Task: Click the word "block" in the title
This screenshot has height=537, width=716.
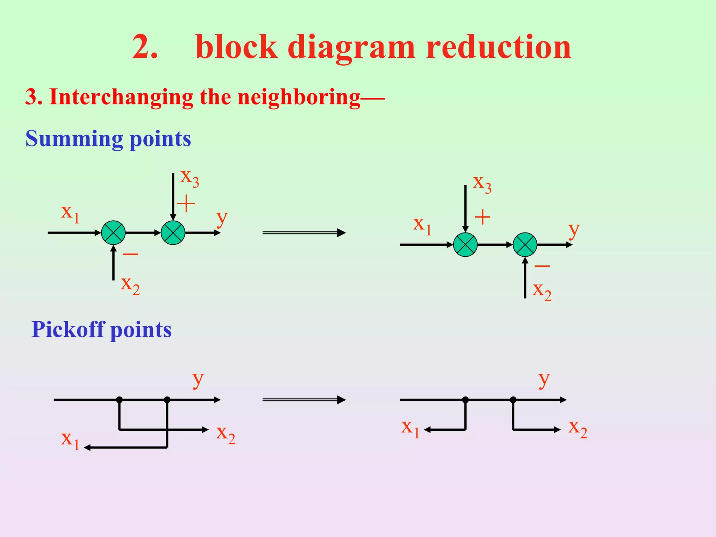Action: pos(237,47)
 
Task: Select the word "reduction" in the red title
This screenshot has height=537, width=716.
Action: pos(498,47)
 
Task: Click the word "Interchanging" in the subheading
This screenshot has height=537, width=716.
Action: pos(121,97)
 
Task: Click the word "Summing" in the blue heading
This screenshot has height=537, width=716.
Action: pos(74,139)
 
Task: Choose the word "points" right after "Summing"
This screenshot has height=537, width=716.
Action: pos(160,139)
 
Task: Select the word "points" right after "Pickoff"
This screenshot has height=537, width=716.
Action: pos(141,330)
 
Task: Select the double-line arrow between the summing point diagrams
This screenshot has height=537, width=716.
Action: pos(304,232)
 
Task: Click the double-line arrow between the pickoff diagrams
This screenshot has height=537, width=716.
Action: pos(304,400)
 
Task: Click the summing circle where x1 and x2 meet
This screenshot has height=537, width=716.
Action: pos(113,232)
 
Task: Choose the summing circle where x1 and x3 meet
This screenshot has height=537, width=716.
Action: pos(465,245)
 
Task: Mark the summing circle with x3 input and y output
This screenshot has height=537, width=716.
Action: pos(173,232)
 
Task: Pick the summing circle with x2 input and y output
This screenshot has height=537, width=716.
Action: pos(525,245)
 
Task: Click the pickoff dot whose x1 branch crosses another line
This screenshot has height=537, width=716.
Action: pos(167,400)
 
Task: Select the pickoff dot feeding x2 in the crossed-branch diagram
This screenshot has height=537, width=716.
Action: pos(120,400)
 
